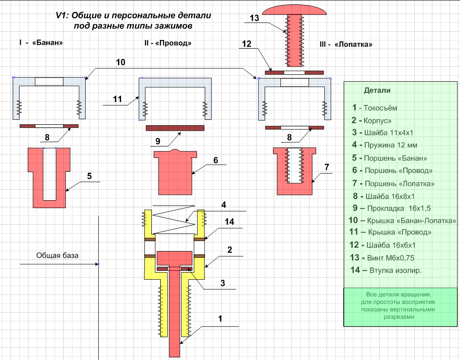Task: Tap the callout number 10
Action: [x=121, y=63]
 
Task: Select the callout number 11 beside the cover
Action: [x=117, y=99]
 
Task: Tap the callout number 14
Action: [x=229, y=222]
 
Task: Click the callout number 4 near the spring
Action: [x=223, y=205]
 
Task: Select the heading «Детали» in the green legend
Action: [x=377, y=90]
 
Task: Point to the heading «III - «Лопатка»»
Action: [x=347, y=45]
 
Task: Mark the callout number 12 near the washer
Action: [x=246, y=43]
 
